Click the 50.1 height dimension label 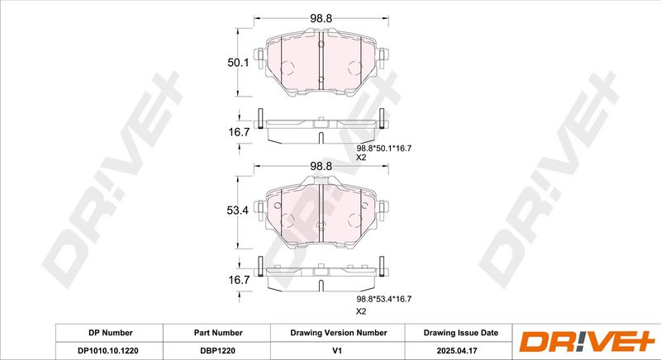pyautogui.click(x=238, y=63)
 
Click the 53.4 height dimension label pyautogui.click(x=237, y=211)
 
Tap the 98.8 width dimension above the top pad pyautogui.click(x=321, y=18)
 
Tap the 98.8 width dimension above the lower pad pyautogui.click(x=321, y=166)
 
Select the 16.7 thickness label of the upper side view pyautogui.click(x=239, y=132)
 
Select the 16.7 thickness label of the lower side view pyautogui.click(x=239, y=280)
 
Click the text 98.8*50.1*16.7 pyautogui.click(x=384, y=148)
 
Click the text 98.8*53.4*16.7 pyautogui.click(x=384, y=299)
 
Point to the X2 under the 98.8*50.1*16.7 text pyautogui.click(x=361, y=158)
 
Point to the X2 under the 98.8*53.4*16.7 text pyautogui.click(x=361, y=311)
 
